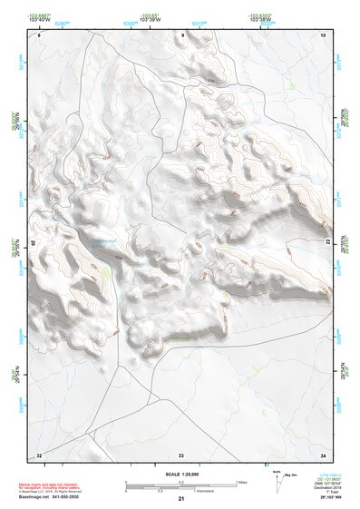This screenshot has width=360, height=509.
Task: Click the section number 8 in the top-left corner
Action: click(x=39, y=35)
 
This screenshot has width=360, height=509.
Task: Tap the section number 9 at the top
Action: click(x=182, y=34)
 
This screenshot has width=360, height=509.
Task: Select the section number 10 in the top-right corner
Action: click(x=323, y=34)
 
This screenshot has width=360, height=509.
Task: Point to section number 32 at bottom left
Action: click(x=38, y=454)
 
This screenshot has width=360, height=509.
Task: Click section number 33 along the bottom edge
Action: click(x=181, y=454)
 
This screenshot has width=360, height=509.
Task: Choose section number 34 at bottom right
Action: click(x=323, y=454)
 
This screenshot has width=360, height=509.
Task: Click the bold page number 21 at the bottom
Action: click(x=180, y=499)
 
